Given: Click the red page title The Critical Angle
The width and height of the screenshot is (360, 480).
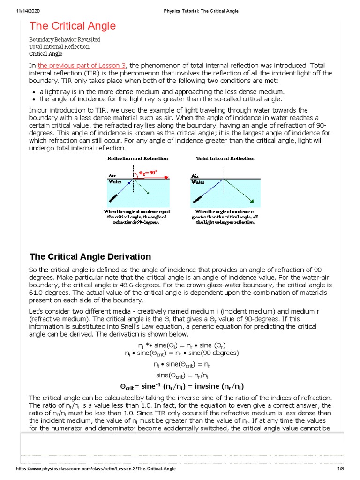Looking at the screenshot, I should coord(73,26).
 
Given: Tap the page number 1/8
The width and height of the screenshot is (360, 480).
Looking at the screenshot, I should coord(341,469).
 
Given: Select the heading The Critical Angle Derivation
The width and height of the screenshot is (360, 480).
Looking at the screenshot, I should coord(90,256).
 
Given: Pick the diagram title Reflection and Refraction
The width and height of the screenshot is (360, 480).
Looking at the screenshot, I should coord(138,158).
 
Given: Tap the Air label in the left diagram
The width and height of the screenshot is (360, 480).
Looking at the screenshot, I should coord(112,175).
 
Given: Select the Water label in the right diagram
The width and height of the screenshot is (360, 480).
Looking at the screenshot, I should coord(198,181).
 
